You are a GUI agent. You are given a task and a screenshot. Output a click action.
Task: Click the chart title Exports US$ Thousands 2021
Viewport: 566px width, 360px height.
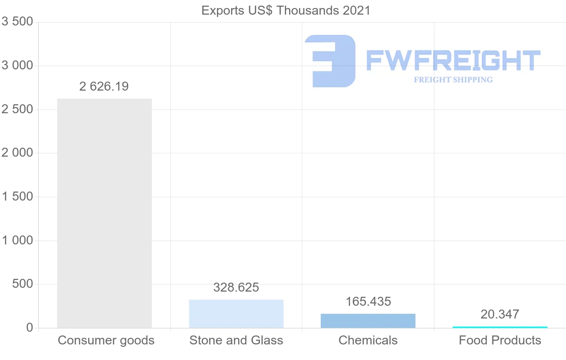click(x=286, y=10)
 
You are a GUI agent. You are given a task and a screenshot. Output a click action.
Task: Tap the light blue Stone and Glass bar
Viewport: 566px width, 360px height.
click(x=236, y=314)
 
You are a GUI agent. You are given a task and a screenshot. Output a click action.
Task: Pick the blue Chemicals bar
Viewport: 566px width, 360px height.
click(x=368, y=321)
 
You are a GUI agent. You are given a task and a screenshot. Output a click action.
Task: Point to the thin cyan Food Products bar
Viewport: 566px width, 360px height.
click(x=500, y=327)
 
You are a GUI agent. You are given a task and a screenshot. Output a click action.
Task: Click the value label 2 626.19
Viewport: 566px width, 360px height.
click(x=104, y=87)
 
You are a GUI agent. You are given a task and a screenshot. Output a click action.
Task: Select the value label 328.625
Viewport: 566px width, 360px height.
click(x=236, y=287)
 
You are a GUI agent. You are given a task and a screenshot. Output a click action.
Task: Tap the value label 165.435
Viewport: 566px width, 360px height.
click(x=368, y=301)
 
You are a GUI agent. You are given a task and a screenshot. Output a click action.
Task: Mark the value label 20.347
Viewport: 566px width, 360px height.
click(x=500, y=314)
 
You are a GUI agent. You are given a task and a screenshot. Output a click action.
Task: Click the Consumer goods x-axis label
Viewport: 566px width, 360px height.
click(x=106, y=340)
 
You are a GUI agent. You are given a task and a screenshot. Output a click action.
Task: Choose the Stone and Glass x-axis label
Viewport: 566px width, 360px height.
click(x=236, y=340)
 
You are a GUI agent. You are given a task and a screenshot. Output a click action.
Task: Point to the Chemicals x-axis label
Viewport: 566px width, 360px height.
click(x=368, y=340)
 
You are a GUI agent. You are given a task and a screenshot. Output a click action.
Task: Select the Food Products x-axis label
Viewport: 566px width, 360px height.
click(x=500, y=340)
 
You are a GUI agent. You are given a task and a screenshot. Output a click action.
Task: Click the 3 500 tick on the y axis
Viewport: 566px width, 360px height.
click(x=17, y=22)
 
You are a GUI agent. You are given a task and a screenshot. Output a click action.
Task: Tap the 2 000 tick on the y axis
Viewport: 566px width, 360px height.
click(x=17, y=153)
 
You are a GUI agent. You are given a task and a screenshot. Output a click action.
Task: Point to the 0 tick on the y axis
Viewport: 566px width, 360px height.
click(x=29, y=328)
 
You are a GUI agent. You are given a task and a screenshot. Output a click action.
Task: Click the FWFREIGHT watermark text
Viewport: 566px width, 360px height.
click(x=453, y=60)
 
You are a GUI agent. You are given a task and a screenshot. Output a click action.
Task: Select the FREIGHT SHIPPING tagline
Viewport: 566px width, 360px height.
click(x=453, y=80)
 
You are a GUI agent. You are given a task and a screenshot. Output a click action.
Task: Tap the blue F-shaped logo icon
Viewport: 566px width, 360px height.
click(x=330, y=61)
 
